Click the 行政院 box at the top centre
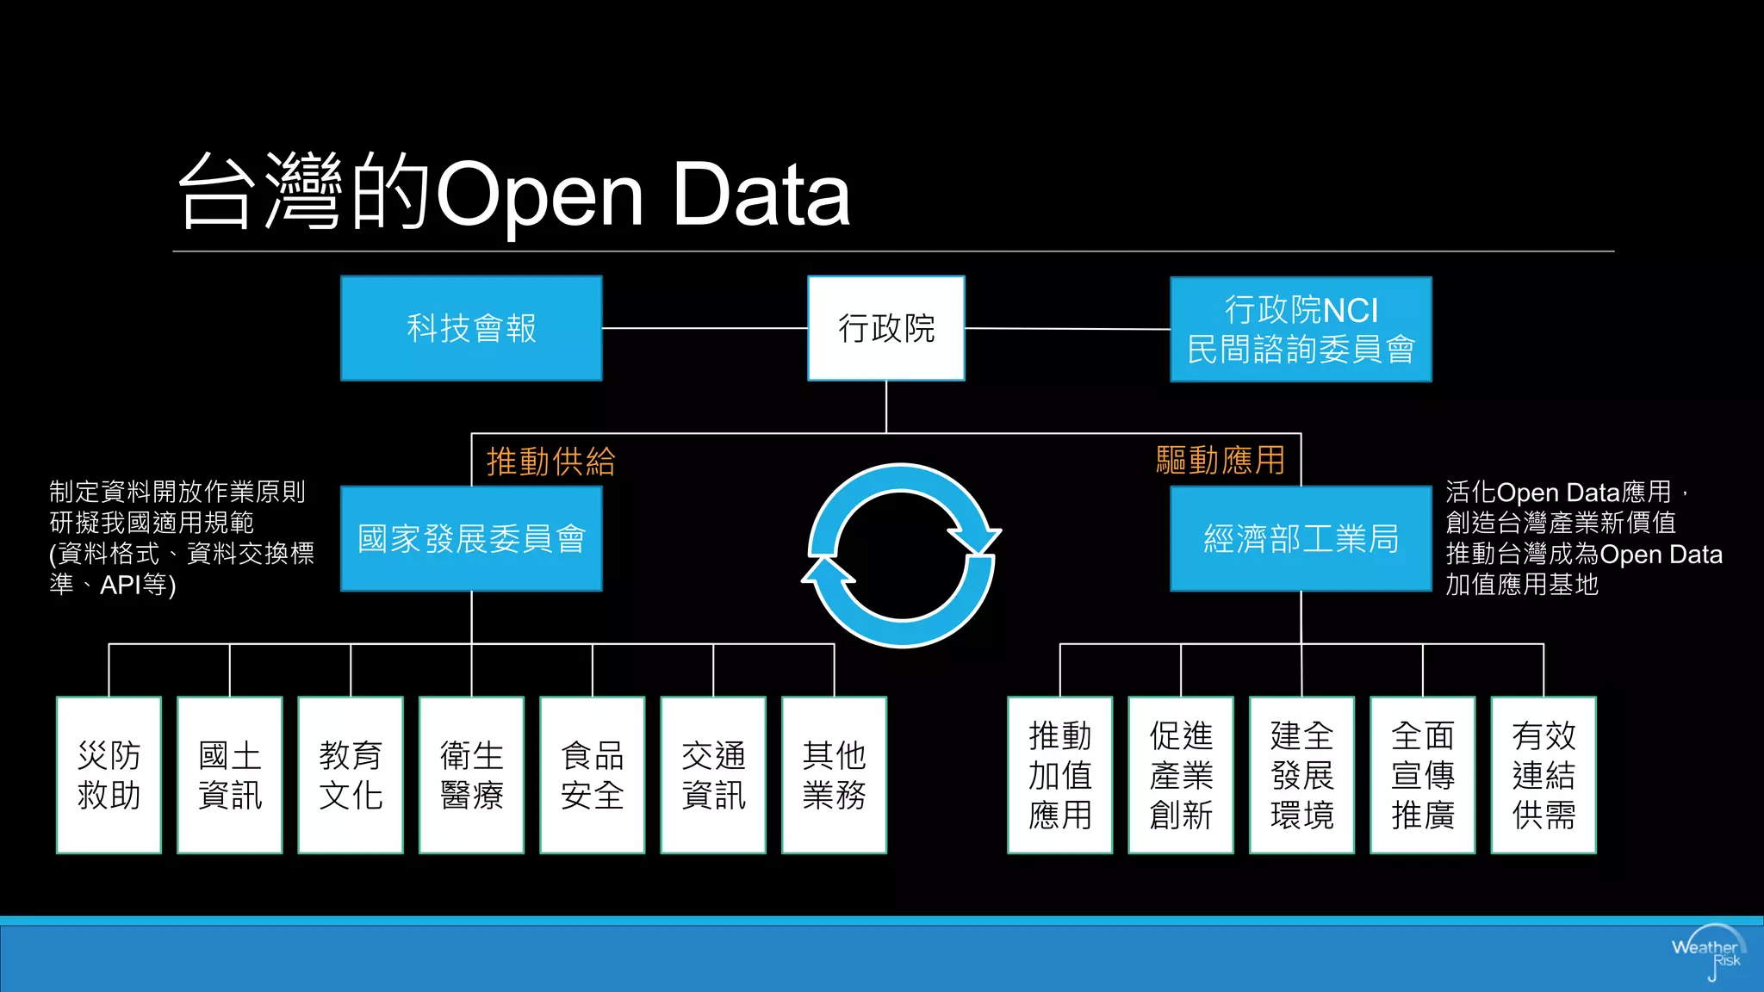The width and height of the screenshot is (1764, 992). click(885, 328)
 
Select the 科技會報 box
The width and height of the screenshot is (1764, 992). click(471, 328)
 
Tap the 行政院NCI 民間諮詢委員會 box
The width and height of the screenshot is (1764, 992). click(1301, 329)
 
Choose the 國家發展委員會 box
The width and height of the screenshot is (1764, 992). click(471, 539)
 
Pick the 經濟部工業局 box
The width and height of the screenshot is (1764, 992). click(1301, 539)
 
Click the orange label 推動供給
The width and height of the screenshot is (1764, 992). click(551, 462)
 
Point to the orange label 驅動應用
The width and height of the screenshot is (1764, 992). click(1220, 461)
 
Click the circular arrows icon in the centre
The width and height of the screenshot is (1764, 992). click(902, 555)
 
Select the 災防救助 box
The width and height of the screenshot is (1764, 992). click(109, 775)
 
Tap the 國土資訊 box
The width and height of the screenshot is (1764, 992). click(230, 775)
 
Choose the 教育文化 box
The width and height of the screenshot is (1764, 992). click(351, 775)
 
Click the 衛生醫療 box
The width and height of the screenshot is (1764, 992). click(471, 775)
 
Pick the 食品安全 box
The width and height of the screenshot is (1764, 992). click(593, 775)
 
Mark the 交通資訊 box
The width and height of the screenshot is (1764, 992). click(713, 775)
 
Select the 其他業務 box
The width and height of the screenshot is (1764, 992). click(834, 775)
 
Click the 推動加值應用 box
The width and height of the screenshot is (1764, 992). click(1060, 775)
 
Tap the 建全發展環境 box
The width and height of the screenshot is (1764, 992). click(1301, 775)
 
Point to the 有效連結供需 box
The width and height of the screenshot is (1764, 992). click(1543, 775)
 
